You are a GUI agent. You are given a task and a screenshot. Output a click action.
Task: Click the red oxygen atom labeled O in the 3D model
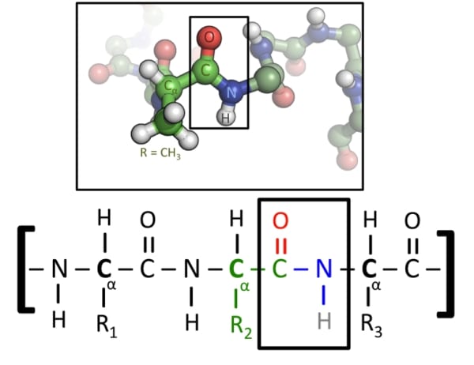(209, 37)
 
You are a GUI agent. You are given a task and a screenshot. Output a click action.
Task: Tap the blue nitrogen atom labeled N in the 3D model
(231, 92)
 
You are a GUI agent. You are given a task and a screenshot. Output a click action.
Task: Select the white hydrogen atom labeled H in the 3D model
(226, 118)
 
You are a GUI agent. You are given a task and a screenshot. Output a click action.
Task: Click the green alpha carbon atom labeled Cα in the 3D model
(169, 86)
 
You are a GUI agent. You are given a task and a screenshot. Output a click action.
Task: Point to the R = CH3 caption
(160, 153)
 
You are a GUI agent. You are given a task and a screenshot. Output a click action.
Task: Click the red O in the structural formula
(280, 220)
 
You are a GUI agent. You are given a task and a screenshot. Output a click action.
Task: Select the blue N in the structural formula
(324, 269)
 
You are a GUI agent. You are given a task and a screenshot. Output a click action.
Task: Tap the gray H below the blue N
(324, 321)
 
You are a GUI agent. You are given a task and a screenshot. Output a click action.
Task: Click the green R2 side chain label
(241, 325)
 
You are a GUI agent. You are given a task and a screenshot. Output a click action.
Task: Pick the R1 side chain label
(107, 325)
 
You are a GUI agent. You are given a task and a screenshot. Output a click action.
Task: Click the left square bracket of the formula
(26, 269)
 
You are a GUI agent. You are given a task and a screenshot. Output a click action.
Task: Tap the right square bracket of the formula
(446, 273)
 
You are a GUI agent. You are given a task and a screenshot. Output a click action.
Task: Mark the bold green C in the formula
(236, 269)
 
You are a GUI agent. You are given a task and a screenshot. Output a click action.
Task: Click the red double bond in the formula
(280, 245)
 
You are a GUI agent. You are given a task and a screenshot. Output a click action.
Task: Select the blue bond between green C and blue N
(301, 269)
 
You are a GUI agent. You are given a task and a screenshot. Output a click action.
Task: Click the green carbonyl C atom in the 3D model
(205, 71)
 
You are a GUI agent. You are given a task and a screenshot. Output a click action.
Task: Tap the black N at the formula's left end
(59, 269)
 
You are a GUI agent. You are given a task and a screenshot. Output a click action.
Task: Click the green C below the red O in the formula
(280, 269)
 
